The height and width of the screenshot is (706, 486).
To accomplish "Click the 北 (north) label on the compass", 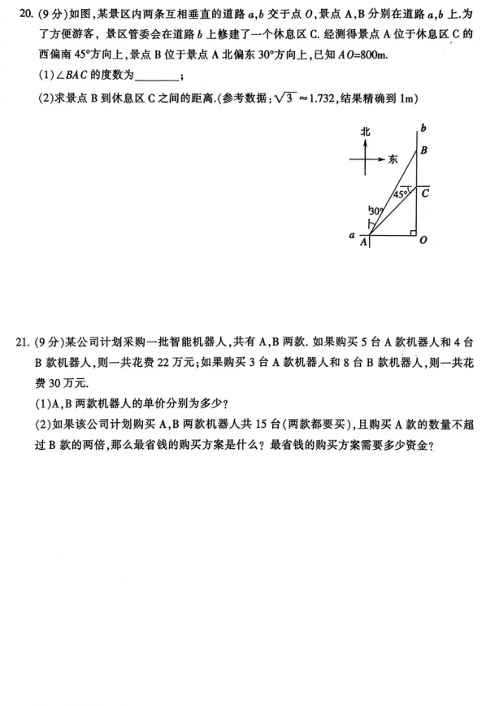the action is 366,132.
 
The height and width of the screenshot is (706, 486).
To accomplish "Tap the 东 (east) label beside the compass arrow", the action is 393,159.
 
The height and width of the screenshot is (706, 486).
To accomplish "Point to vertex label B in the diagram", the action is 423,150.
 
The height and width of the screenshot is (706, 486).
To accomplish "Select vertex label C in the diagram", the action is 425,194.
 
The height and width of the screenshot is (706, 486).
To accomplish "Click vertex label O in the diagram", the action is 424,240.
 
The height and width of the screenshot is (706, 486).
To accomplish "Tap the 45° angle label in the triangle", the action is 400,195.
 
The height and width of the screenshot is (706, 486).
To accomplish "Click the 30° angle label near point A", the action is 375,210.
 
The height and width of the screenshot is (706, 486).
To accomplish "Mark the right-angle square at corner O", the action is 413,232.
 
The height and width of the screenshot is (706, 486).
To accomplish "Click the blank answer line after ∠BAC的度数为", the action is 155,77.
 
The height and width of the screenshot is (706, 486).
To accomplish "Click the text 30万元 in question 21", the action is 58,382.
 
